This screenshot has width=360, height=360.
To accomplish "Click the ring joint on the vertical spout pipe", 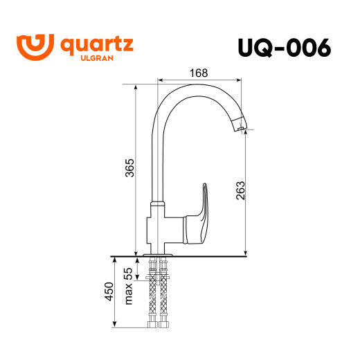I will pyautogui.click(x=158, y=206).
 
